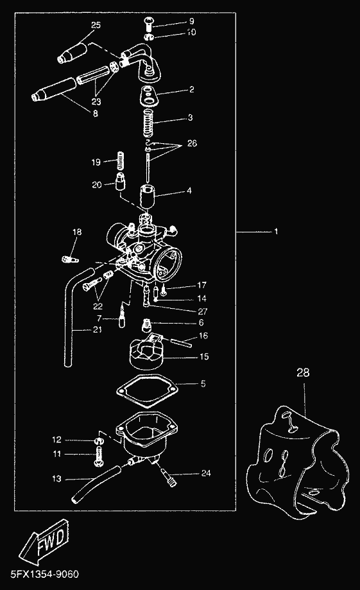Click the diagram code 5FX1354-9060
point(45,575)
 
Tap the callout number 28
point(303,372)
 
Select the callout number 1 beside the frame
point(277,231)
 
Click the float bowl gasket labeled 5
point(146,392)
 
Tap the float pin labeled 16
point(182,342)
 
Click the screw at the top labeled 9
point(149,24)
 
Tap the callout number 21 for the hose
point(98,329)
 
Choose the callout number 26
point(193,143)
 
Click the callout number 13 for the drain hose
point(56,479)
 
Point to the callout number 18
point(77,232)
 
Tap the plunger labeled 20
point(121,182)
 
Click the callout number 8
point(95,113)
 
